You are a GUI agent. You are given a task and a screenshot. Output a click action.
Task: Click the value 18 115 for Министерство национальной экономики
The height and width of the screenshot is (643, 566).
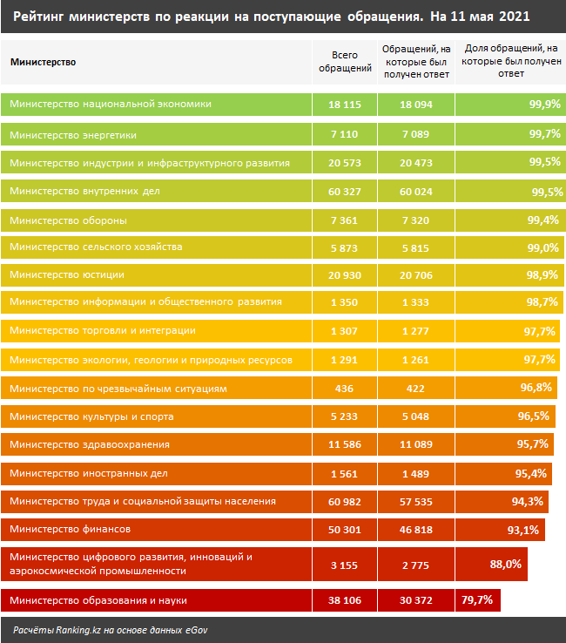coord(345,105)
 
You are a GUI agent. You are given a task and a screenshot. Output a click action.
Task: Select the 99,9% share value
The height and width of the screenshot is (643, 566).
coord(543,105)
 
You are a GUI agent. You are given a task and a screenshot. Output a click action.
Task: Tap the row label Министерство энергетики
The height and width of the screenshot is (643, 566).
coord(73,135)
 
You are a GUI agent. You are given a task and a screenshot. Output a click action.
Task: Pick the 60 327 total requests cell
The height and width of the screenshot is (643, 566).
coord(345,192)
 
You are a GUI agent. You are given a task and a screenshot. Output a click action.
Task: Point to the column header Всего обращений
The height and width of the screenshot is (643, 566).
coord(345,61)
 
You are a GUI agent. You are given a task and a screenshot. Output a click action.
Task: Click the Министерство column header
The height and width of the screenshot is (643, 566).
coord(43,62)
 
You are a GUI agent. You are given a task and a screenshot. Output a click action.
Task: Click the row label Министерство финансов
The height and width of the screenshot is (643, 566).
coord(71,529)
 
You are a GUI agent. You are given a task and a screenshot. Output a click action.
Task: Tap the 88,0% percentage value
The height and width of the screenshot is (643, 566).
coord(506,564)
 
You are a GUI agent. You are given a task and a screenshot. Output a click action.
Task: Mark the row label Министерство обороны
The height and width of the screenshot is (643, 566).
coord(69,220)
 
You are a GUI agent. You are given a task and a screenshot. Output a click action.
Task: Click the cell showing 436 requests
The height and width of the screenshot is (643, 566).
coord(345,389)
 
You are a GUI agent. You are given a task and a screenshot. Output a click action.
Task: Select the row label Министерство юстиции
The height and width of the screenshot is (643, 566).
coord(67,274)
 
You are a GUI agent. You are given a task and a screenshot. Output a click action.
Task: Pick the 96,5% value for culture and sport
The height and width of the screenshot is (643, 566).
coord(533,416)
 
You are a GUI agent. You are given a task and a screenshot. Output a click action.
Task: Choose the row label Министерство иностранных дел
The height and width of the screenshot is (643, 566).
coord(83,473)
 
